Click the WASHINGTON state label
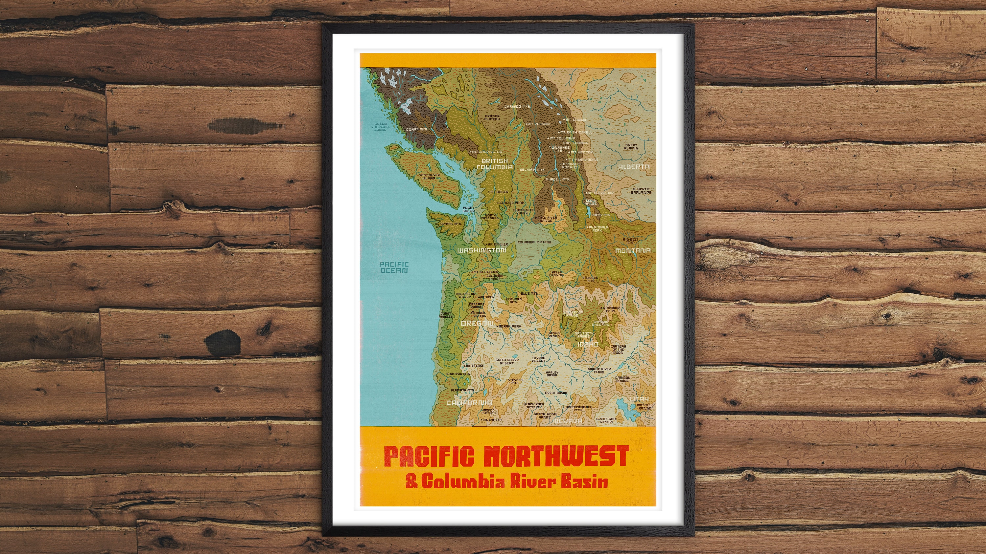pos(481,250)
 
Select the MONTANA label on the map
pos(633,250)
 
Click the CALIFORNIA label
pos(470,403)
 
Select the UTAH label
pos(639,399)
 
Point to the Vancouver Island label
pos(430,176)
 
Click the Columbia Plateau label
pos(534,242)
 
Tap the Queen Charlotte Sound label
pos(381,127)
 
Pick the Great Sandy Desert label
pos(507,361)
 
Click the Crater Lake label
pos(474,366)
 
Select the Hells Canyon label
pos(556,273)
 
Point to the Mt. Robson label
pos(539,124)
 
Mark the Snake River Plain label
pos(599,371)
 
